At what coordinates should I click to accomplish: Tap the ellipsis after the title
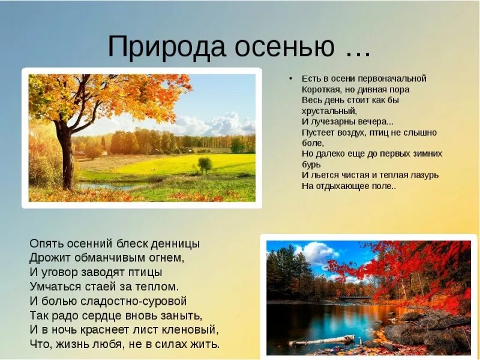(x=358, y=50)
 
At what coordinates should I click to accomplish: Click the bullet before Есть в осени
(x=290, y=79)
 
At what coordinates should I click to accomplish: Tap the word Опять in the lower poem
(x=44, y=244)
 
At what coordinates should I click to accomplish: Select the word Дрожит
(x=46, y=258)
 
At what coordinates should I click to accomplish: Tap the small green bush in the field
(x=205, y=164)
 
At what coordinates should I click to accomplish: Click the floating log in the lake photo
(x=321, y=340)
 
